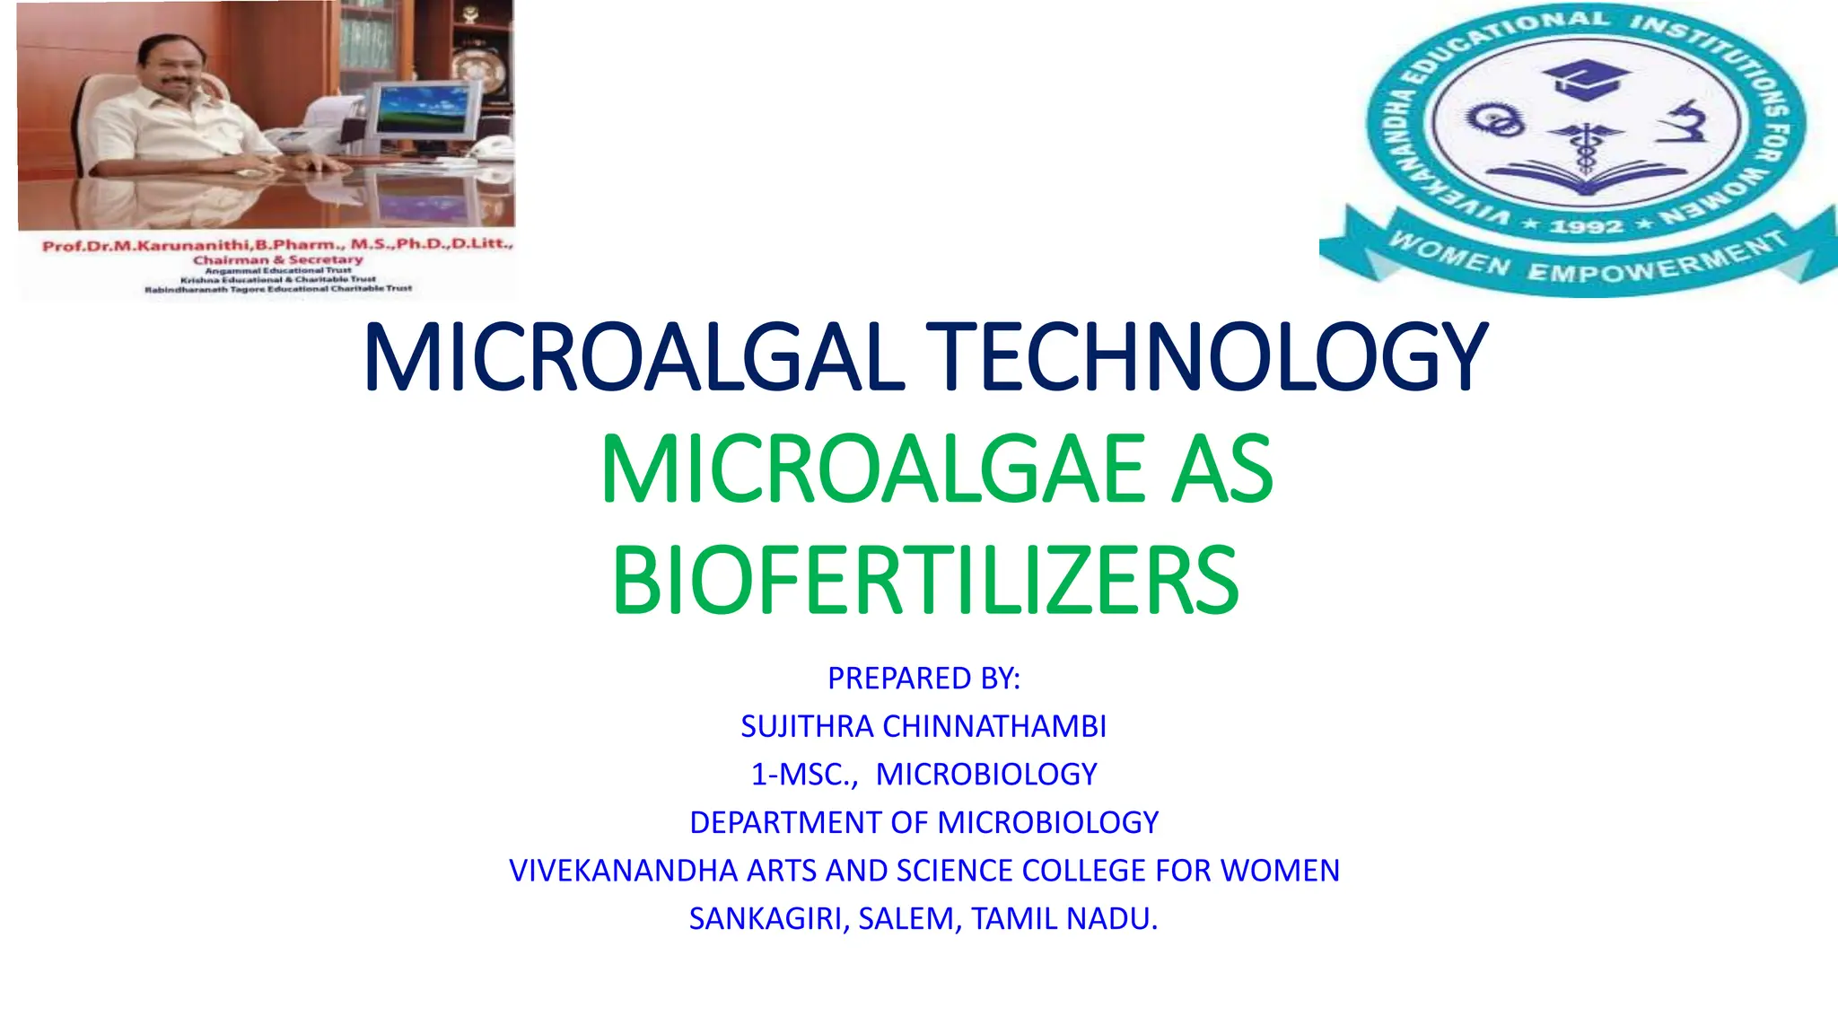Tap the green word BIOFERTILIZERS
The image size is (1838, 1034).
[924, 582]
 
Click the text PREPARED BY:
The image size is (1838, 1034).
[923, 679]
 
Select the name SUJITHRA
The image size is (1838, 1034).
[807, 726]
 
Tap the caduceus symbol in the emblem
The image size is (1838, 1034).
[1586, 144]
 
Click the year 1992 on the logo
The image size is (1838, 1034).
[1586, 226]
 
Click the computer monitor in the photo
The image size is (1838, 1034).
[423, 112]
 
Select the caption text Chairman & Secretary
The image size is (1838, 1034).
[278, 259]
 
